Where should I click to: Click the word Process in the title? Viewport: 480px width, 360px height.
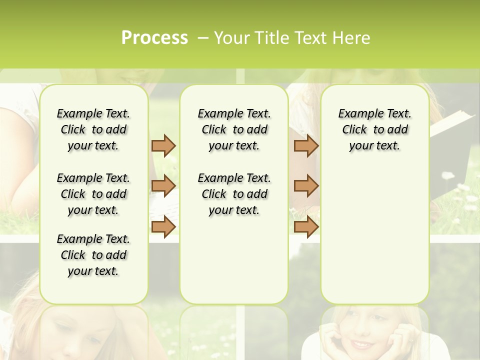tap(154, 38)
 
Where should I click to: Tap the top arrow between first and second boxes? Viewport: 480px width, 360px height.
tap(163, 145)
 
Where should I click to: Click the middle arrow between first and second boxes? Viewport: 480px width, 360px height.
tap(163, 186)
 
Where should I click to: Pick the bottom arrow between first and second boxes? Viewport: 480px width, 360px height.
tap(163, 226)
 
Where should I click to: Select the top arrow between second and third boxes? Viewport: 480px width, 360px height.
tap(306, 145)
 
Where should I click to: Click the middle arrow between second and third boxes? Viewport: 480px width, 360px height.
tap(306, 186)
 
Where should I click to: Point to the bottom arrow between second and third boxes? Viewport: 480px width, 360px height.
tap(306, 226)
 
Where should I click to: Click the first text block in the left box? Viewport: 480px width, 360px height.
tap(93, 129)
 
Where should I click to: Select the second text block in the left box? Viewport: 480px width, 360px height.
tap(93, 194)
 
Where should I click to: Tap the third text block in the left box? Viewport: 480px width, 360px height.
tap(93, 255)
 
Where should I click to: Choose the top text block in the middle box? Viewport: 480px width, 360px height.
tap(234, 129)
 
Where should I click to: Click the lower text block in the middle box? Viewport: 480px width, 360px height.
tap(234, 194)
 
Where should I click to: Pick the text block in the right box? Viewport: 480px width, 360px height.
tap(374, 129)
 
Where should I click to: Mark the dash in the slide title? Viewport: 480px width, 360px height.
tap(203, 38)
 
